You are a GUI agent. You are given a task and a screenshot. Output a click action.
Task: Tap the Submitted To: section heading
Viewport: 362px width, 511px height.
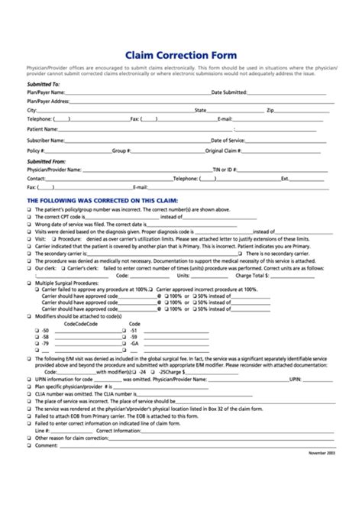click(44, 83)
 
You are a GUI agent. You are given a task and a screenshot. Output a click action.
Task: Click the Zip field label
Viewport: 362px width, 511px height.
click(270, 110)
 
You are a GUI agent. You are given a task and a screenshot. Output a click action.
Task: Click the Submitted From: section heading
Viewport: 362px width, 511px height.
click(47, 162)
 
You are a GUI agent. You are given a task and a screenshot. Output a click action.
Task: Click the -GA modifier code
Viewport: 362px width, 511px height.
click(134, 344)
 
